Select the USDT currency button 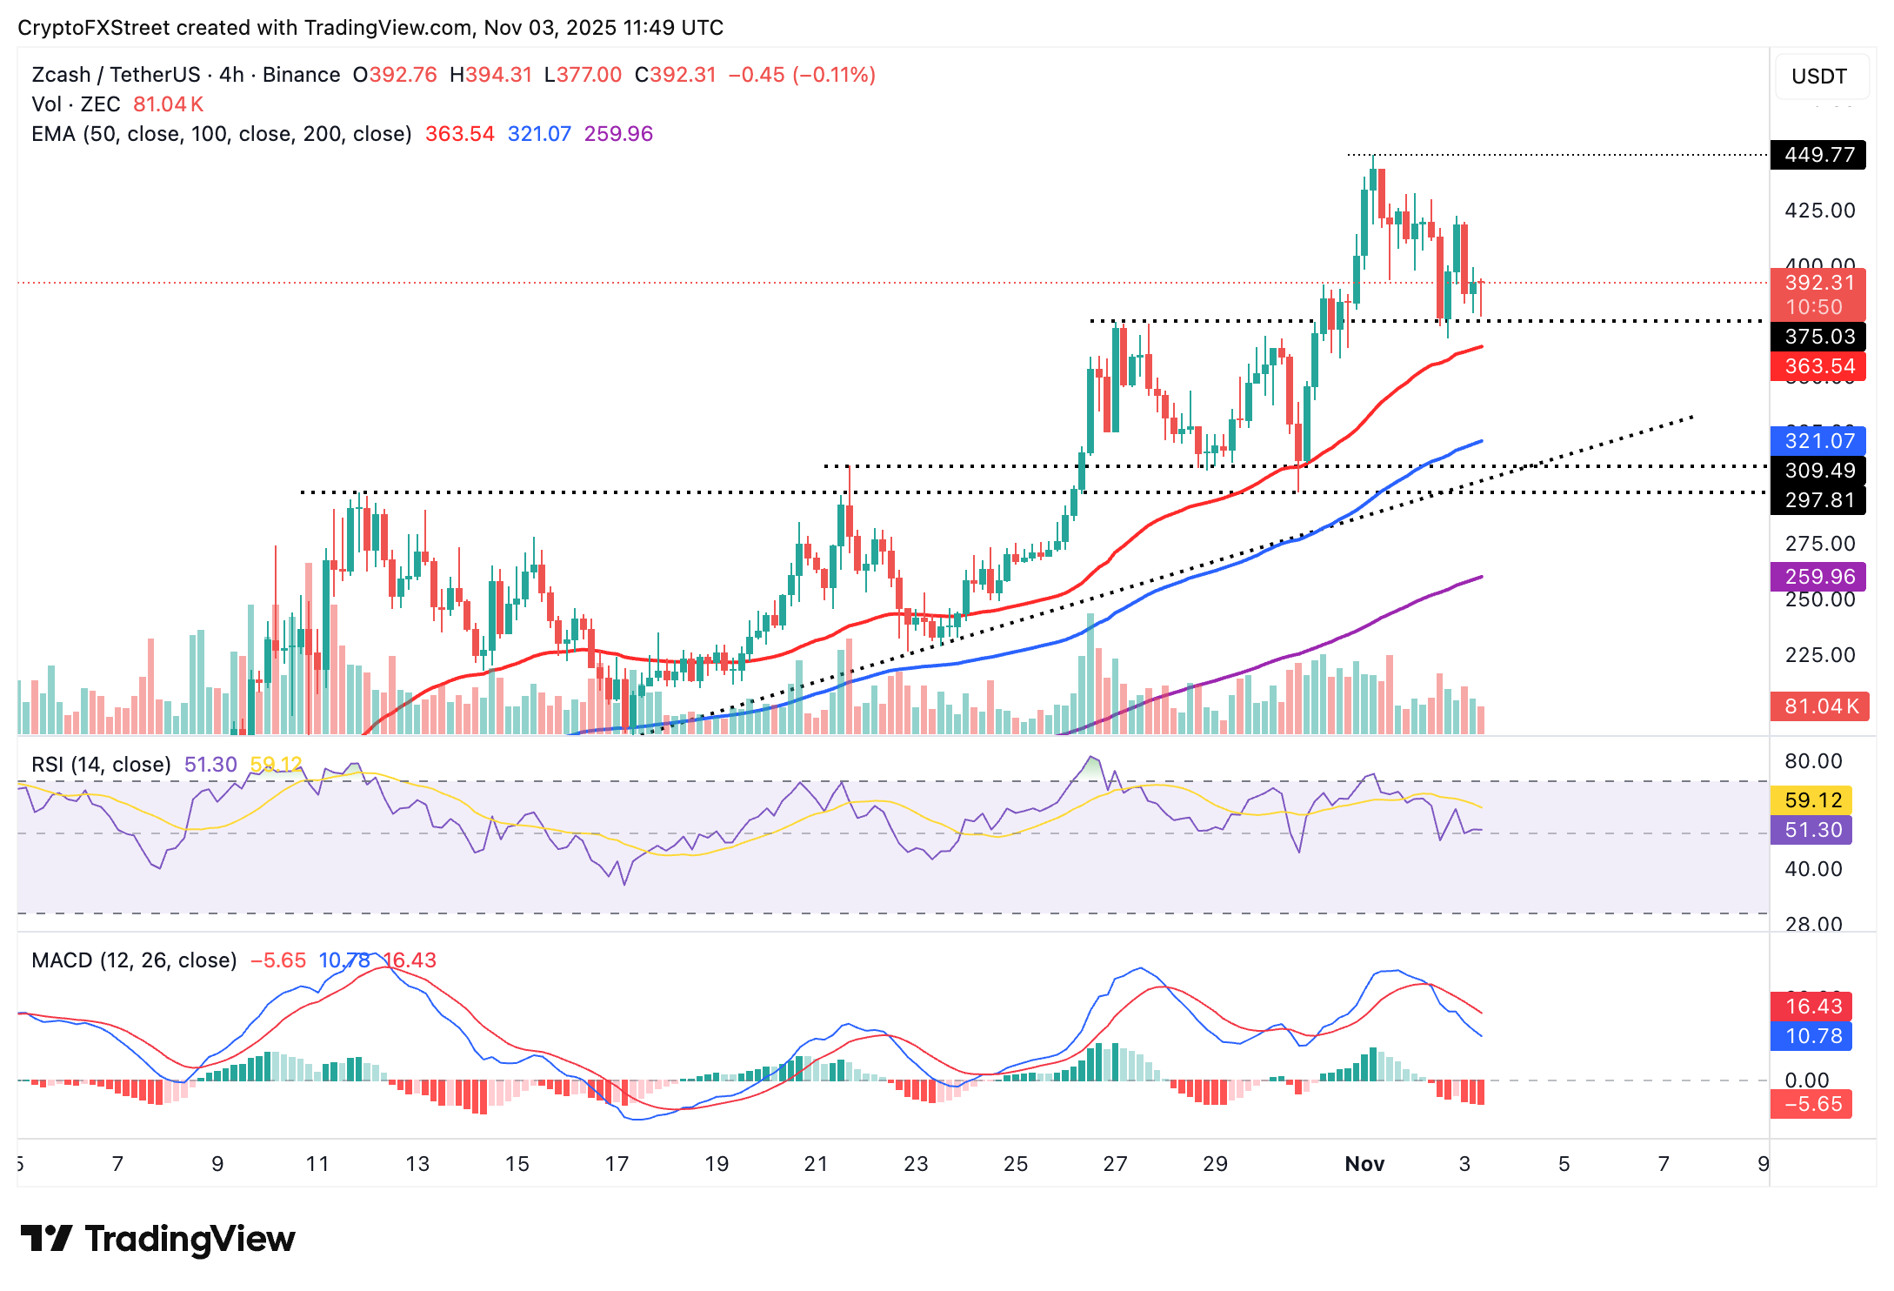click(x=1819, y=77)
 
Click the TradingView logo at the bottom click(x=157, y=1239)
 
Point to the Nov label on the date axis click(x=1364, y=1164)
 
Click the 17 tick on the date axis click(x=617, y=1164)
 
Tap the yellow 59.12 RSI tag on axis click(x=1812, y=800)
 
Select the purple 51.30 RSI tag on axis click(x=1812, y=830)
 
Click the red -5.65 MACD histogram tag click(x=1812, y=1104)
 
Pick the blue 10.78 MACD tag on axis click(x=1812, y=1036)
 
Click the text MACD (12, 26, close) click(x=134, y=960)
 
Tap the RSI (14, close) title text click(x=101, y=765)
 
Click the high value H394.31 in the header click(x=490, y=75)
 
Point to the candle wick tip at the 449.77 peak click(x=1373, y=157)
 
